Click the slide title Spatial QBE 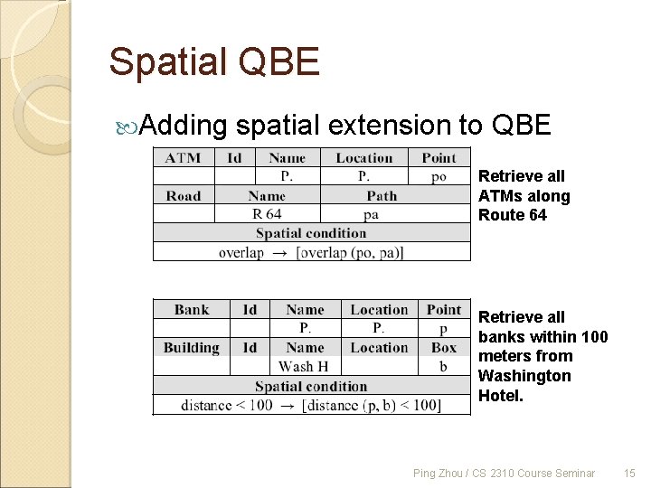click(x=214, y=62)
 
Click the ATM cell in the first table click(x=184, y=158)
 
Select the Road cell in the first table click(x=184, y=196)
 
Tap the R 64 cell click(x=267, y=214)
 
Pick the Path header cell click(x=382, y=196)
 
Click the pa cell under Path click(x=371, y=214)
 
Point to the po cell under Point click(x=439, y=176)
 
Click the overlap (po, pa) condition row click(x=312, y=252)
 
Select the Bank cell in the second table click(x=192, y=310)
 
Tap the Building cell click(x=192, y=348)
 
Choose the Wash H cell click(x=304, y=366)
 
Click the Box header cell click(x=444, y=348)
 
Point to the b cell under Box click(x=443, y=366)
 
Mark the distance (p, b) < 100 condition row click(x=311, y=405)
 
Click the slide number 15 click(x=630, y=473)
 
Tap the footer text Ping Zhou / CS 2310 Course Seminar click(x=504, y=473)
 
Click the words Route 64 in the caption click(x=513, y=215)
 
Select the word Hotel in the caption click(x=500, y=395)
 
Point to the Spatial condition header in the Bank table click(x=311, y=386)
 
